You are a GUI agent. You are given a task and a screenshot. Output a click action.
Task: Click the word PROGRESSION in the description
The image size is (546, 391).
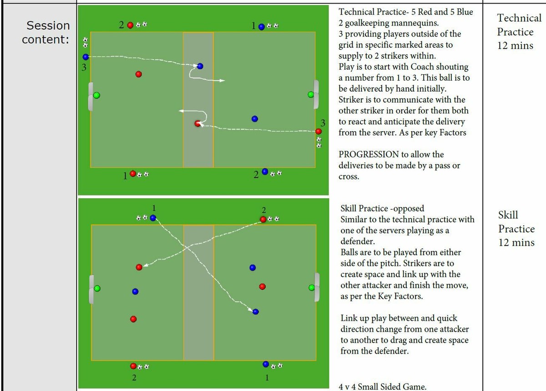[369, 154]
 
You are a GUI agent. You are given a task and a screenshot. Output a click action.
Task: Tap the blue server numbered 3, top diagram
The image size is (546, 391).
[86, 57]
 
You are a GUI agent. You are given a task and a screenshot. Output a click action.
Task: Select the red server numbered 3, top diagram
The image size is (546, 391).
[318, 131]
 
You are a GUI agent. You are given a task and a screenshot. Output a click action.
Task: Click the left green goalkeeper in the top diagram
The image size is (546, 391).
[96, 96]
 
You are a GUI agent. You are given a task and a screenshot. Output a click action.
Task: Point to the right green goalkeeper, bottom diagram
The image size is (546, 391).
[312, 288]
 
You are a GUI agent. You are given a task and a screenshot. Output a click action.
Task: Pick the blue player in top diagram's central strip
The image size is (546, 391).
[200, 66]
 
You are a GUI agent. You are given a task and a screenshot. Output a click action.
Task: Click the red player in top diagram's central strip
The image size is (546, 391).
[197, 123]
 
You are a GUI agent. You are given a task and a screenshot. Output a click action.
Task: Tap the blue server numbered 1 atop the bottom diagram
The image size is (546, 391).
[153, 218]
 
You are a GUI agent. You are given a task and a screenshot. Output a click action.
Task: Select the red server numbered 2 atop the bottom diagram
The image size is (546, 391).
[263, 219]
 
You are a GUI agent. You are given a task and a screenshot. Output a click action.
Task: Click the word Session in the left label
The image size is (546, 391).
[48, 26]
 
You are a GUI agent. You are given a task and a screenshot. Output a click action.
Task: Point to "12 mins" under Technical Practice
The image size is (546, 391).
[516, 46]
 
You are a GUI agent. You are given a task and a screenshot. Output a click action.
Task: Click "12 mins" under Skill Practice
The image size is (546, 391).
[516, 242]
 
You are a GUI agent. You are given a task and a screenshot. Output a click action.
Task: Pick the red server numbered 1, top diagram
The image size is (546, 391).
[132, 174]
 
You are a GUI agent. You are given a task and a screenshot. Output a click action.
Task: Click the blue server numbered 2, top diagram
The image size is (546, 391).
[265, 172]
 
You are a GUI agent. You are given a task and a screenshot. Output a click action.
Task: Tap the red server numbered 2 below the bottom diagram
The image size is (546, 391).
[133, 366]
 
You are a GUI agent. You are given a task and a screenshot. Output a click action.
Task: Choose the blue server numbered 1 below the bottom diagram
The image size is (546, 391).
[266, 364]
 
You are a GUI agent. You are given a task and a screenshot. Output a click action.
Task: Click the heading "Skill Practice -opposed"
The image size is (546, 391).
[382, 209]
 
